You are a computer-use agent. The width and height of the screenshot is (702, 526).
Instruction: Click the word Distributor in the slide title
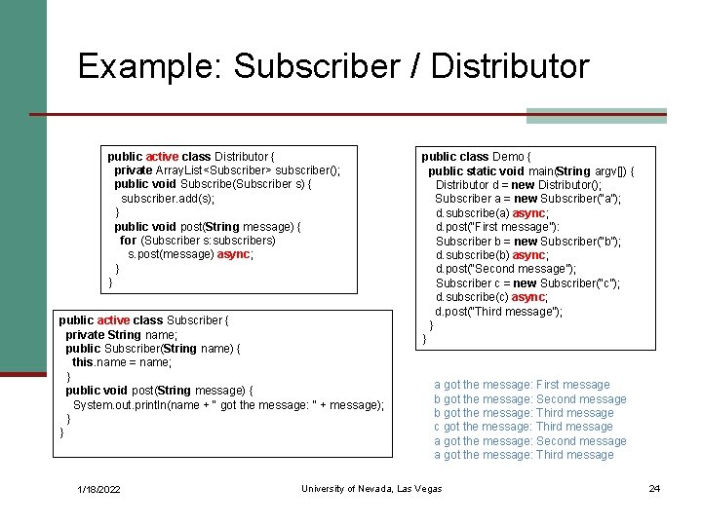509,66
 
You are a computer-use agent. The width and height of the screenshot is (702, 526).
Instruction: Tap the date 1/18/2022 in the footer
98,489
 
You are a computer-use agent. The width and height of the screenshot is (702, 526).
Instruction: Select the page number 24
654,488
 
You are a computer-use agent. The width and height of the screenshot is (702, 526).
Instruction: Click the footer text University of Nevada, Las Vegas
371,488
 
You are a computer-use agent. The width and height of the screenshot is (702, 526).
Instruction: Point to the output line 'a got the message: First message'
522,385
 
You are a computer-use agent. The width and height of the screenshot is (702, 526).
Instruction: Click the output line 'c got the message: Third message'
524,427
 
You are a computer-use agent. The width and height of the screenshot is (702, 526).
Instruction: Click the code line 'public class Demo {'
476,156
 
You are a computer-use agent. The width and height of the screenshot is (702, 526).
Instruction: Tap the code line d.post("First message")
497,227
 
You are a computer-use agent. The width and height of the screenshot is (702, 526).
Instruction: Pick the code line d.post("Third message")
499,312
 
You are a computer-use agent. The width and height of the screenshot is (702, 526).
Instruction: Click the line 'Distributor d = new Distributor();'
519,185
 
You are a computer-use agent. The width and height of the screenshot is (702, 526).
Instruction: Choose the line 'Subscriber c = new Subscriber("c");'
527,283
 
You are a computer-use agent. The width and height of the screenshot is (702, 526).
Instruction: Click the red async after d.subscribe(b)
529,255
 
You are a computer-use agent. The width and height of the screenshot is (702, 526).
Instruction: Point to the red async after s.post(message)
234,254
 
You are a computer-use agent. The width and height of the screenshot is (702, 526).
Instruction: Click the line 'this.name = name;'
122,362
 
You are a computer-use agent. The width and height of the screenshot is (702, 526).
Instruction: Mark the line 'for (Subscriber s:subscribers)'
198,241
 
